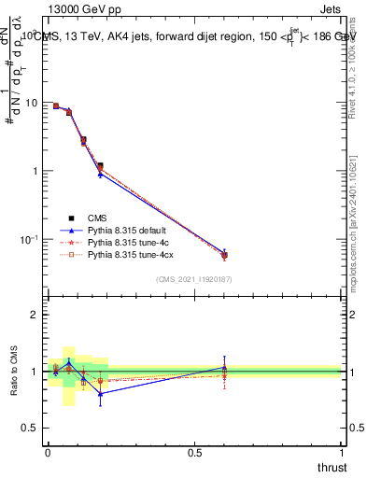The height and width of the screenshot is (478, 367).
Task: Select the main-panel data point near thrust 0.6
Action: coord(224,255)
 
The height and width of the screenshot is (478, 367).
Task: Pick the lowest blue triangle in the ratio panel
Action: coord(100,393)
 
